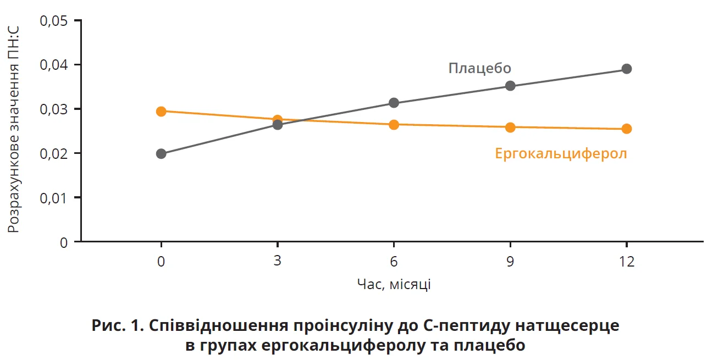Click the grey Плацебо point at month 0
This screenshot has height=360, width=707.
tap(161, 153)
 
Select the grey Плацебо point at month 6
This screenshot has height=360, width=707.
tap(394, 103)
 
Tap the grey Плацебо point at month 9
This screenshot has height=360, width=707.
tap(510, 86)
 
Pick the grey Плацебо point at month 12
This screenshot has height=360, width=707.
tap(626, 69)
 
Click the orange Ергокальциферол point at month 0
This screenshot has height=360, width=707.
tap(161, 112)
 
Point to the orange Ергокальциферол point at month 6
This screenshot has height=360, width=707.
tap(394, 125)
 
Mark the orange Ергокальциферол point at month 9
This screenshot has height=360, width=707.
tap(510, 128)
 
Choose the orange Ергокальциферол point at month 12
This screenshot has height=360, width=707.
tap(626, 129)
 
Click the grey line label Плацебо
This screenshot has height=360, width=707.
tap(479, 68)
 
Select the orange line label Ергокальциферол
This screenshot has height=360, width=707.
tap(561, 153)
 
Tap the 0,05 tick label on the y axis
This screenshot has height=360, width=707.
tap(53, 21)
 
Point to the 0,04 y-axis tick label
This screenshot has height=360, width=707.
tap(53, 65)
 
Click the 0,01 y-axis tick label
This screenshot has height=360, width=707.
tap(53, 197)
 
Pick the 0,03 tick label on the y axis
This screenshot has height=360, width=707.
tap(53, 109)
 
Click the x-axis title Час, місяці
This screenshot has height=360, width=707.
tap(394, 284)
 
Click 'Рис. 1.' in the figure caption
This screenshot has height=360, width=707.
tap(116, 326)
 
